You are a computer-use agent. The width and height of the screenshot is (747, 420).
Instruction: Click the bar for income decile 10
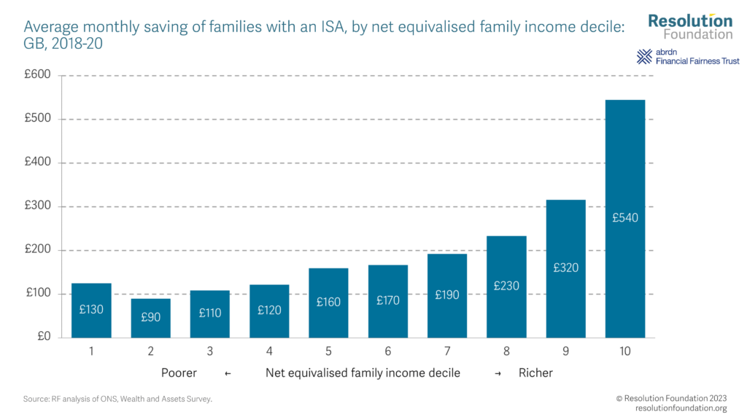pyautogui.click(x=625, y=219)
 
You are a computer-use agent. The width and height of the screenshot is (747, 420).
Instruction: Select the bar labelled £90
pyautogui.click(x=150, y=318)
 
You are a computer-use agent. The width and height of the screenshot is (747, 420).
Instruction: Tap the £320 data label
pyautogui.click(x=566, y=268)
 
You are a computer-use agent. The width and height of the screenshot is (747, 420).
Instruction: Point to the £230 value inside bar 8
pyautogui.click(x=506, y=286)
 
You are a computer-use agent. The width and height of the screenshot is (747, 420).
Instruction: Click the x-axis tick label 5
pyautogui.click(x=328, y=351)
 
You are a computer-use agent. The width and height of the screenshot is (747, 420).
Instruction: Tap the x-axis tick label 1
pyautogui.click(x=91, y=351)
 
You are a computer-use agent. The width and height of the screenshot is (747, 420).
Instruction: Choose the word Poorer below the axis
pyautogui.click(x=179, y=373)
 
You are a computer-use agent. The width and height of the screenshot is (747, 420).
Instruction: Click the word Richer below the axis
pyautogui.click(x=535, y=373)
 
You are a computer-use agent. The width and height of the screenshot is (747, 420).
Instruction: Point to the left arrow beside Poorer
pyautogui.click(x=228, y=373)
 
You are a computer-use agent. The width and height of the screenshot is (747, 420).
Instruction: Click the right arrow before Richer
pyautogui.click(x=498, y=373)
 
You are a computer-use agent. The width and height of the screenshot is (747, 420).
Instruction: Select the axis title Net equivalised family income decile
pyautogui.click(x=363, y=373)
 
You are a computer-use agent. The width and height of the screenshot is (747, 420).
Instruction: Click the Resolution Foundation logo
pyautogui.click(x=690, y=26)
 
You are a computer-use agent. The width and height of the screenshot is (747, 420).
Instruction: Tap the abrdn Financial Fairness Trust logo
pyautogui.click(x=688, y=57)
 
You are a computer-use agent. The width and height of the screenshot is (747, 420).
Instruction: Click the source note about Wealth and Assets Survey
pyautogui.click(x=117, y=399)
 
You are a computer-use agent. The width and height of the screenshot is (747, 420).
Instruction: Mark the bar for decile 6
pyautogui.click(x=387, y=301)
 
